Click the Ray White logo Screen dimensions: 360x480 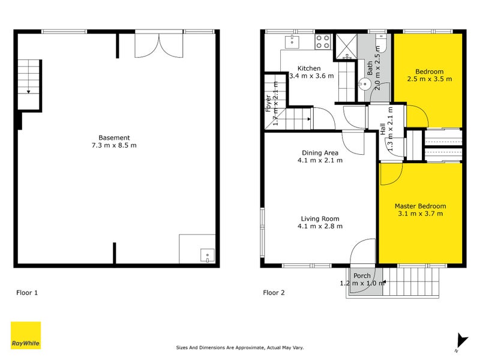[26, 335]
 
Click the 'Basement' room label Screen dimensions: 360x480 [115, 137]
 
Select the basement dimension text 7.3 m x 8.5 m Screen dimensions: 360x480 [115, 146]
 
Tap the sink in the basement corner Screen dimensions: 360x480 [208, 257]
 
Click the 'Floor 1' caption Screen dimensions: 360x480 [27, 293]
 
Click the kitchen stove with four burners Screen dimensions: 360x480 [322, 41]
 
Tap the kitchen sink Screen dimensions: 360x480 [292, 41]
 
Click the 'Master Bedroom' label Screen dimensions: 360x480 [420, 206]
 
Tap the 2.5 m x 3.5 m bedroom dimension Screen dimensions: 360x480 [429, 79]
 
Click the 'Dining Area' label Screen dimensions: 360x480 [320, 152]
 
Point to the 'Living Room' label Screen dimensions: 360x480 [320, 218]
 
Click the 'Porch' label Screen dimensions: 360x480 [362, 276]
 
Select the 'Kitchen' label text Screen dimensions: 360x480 [308, 68]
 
